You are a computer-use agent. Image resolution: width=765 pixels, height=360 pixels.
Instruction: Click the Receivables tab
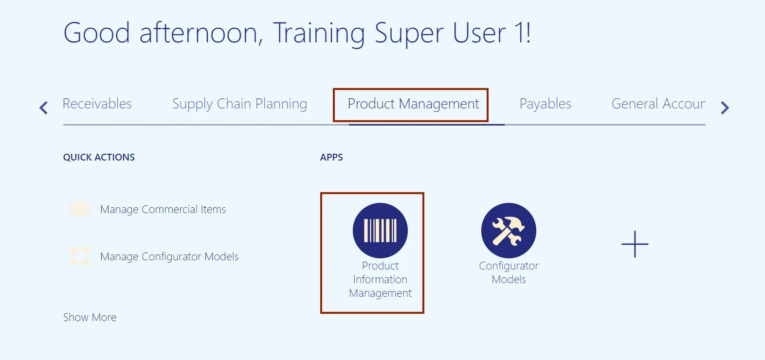[97, 104]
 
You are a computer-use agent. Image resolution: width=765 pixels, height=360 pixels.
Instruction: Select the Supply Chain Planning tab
[239, 104]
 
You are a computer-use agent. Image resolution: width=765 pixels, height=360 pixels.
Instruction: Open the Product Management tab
[413, 104]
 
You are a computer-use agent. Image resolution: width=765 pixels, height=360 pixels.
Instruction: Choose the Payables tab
[545, 104]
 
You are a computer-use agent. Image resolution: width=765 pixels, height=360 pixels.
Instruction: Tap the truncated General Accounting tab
[658, 104]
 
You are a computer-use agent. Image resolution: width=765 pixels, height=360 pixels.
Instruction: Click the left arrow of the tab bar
[43, 108]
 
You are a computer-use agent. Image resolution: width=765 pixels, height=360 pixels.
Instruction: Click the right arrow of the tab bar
[725, 108]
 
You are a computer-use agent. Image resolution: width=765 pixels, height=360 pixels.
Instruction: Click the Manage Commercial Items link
[163, 209]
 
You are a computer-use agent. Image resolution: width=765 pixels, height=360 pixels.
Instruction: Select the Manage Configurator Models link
[169, 256]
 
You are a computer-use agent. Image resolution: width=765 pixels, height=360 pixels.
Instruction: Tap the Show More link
[90, 317]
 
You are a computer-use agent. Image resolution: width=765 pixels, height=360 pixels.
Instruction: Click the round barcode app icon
[380, 231]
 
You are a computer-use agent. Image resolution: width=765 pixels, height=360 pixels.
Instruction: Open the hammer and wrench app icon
[509, 231]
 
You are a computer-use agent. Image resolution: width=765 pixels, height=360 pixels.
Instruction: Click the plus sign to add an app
[635, 244]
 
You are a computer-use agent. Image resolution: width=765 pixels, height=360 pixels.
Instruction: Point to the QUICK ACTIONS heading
[99, 157]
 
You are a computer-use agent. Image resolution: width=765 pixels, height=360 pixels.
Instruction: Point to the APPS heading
[331, 157]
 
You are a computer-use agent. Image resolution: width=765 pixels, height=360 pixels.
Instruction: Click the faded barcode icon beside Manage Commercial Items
[80, 209]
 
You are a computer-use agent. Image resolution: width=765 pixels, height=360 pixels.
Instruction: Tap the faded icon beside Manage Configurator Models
[80, 256]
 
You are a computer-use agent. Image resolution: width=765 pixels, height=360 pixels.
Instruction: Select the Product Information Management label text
[380, 279]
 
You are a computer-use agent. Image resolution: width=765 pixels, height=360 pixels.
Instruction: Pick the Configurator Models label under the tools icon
[509, 272]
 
